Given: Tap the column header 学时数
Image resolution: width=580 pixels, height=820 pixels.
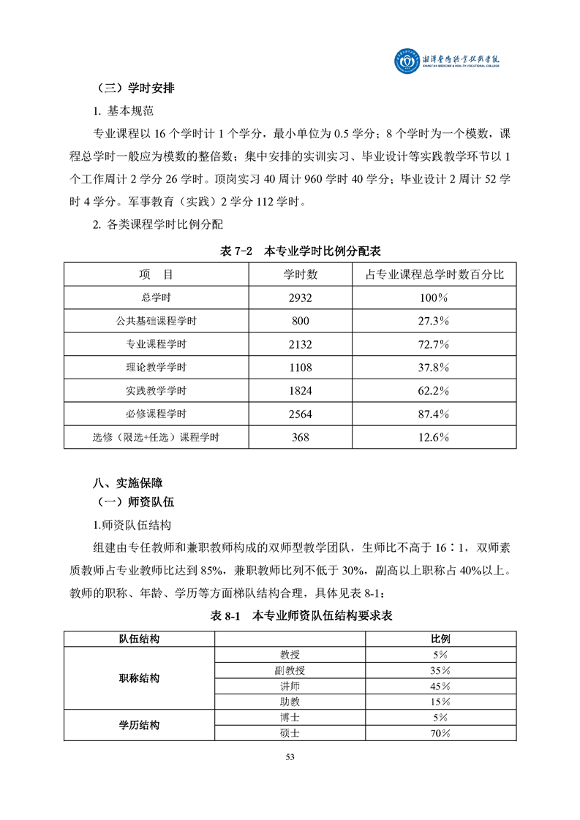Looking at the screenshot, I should pos(301,275).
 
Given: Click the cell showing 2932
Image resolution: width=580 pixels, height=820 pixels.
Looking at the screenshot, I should pos(301,298).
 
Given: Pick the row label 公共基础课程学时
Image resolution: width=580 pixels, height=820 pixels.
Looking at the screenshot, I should pos(157,321).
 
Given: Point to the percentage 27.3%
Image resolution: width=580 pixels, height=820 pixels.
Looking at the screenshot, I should pos(434,321).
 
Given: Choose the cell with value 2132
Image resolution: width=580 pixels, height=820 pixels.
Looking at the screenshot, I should pos(301,344).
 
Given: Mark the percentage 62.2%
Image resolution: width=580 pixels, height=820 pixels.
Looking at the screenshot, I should pos(434,391).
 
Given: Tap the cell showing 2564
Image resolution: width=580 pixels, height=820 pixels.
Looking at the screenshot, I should pos(301,414).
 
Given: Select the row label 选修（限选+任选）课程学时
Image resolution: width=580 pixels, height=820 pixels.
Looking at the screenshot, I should pos(157,438).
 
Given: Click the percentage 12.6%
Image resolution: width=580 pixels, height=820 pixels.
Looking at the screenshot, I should pos(434,438).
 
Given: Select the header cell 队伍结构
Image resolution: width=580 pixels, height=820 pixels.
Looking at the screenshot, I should pos(140,639).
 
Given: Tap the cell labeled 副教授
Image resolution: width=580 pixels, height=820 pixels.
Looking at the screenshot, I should pos(290,670).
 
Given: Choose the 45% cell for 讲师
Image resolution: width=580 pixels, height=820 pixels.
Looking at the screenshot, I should pos(440,686).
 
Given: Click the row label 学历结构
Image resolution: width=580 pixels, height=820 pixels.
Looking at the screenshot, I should pos(140,725).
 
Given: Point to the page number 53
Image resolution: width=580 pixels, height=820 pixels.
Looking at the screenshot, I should pos(290,757).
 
